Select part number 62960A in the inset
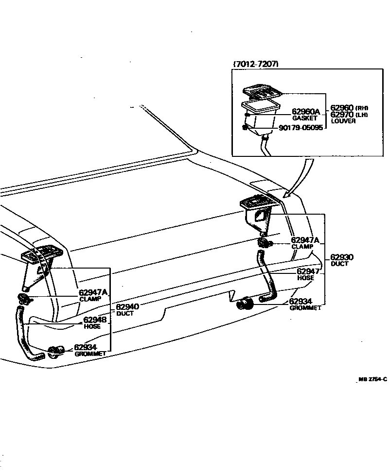pos(306,112)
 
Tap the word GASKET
pos(304,118)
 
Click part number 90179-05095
pos(300,128)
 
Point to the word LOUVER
pos(343,121)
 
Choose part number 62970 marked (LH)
pos(342,115)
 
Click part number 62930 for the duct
pos(342,257)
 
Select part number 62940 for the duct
pos(127,307)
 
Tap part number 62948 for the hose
pos(95,320)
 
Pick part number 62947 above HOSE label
pos(308,271)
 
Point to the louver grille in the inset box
pos(262,90)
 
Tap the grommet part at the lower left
pos(56,351)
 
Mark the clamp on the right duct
pos(265,242)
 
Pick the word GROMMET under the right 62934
pos(305,308)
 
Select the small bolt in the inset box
pos(245,128)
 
